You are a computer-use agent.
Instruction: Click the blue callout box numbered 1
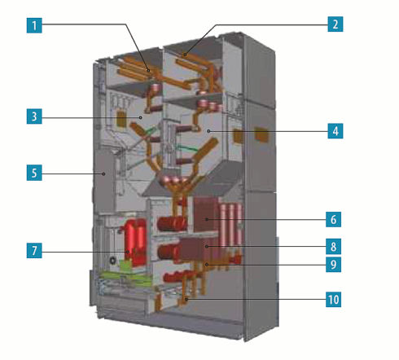[x=34, y=25]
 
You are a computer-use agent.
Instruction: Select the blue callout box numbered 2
[x=335, y=24]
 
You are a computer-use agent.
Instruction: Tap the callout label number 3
[x=34, y=116]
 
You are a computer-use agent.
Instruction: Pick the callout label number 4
[x=335, y=131]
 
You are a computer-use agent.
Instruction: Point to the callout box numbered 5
[x=34, y=173]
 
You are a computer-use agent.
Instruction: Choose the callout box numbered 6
[x=333, y=219]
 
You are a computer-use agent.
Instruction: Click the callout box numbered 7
[x=34, y=250]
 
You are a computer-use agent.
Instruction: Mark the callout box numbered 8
[x=333, y=247]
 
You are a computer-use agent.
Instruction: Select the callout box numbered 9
[x=333, y=264]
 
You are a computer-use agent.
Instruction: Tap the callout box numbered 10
[x=333, y=300]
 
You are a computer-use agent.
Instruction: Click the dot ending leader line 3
[x=141, y=117]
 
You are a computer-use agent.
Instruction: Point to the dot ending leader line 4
[x=208, y=131]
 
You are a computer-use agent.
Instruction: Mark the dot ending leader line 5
[x=103, y=173]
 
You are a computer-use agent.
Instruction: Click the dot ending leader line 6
[x=207, y=219]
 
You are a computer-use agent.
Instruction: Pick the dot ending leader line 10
[x=186, y=300]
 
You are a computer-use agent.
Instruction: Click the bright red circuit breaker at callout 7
[x=135, y=243]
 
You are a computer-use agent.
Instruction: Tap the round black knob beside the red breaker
[x=112, y=261]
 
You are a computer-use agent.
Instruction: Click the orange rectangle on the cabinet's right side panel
[x=261, y=134]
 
